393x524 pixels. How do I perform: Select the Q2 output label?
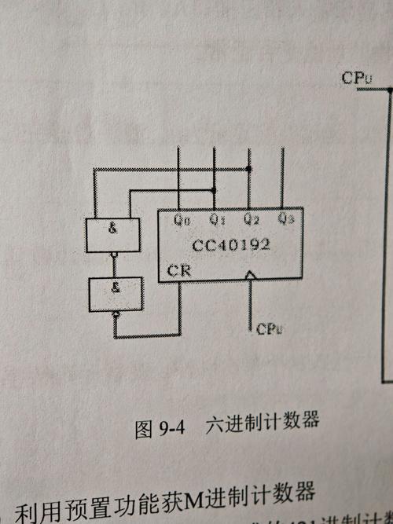(x=251, y=218)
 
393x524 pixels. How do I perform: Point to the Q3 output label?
(x=286, y=218)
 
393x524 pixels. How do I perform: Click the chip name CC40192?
(x=231, y=244)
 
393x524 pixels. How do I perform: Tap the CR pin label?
(x=177, y=272)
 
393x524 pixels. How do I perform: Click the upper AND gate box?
(x=112, y=235)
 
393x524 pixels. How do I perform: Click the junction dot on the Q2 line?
(x=249, y=169)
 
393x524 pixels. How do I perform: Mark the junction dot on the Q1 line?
(x=214, y=190)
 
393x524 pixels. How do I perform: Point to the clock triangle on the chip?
(x=250, y=276)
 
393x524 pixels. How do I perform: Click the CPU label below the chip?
(x=269, y=329)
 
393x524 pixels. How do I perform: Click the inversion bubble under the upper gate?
(x=115, y=255)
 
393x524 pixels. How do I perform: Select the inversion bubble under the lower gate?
(x=116, y=313)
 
